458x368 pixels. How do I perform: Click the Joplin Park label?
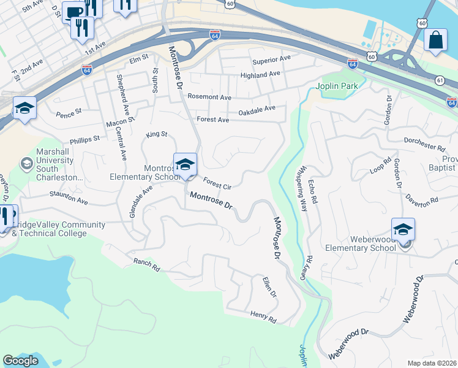(336, 86)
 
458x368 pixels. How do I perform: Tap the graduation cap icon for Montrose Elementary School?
(185, 164)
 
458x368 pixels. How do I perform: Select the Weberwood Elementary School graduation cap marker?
(403, 229)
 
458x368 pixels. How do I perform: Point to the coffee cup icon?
(74, 12)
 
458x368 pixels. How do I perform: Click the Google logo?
(20, 361)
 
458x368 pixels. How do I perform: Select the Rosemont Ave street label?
(209, 97)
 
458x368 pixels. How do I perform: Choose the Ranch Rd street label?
(146, 265)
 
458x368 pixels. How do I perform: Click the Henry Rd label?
(263, 316)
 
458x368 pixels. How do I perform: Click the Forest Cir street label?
(217, 183)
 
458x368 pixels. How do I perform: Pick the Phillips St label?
(84, 139)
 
